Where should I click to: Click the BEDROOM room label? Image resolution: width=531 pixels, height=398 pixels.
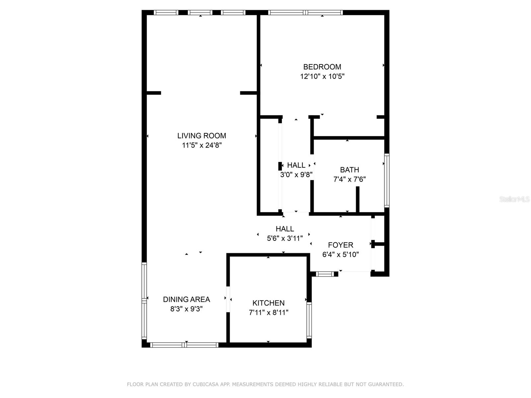322,67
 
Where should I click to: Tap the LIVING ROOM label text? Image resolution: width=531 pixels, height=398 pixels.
201,136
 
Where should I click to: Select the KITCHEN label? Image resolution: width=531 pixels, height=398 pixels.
268,303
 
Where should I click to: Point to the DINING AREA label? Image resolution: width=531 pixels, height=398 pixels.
187,299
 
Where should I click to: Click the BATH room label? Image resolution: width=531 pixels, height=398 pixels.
349,170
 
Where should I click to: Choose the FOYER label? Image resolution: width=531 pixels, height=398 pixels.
341,245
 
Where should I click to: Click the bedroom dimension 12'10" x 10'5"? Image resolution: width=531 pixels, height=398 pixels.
322,76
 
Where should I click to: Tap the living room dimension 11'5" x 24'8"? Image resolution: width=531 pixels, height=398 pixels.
201,145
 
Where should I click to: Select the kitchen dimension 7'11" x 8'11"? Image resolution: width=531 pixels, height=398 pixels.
268,312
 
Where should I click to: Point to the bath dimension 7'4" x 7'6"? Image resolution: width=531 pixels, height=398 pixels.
349,179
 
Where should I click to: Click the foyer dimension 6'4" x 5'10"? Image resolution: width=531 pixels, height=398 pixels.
341,255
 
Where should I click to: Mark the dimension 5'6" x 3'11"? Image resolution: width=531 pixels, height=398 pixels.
285,238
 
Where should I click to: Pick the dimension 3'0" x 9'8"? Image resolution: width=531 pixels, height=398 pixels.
296,174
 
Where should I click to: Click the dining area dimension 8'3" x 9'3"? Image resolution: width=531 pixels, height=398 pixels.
187,309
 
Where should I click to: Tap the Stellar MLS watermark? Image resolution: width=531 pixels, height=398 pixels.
514,199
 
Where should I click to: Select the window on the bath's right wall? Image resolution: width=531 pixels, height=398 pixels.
387,180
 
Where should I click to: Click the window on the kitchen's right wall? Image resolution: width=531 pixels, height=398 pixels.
309,320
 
